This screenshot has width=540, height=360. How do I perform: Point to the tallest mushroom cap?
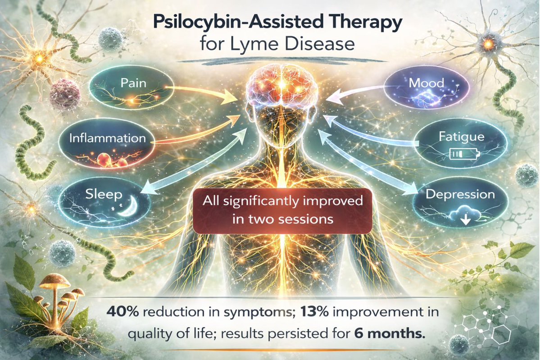(x=54, y=280)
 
